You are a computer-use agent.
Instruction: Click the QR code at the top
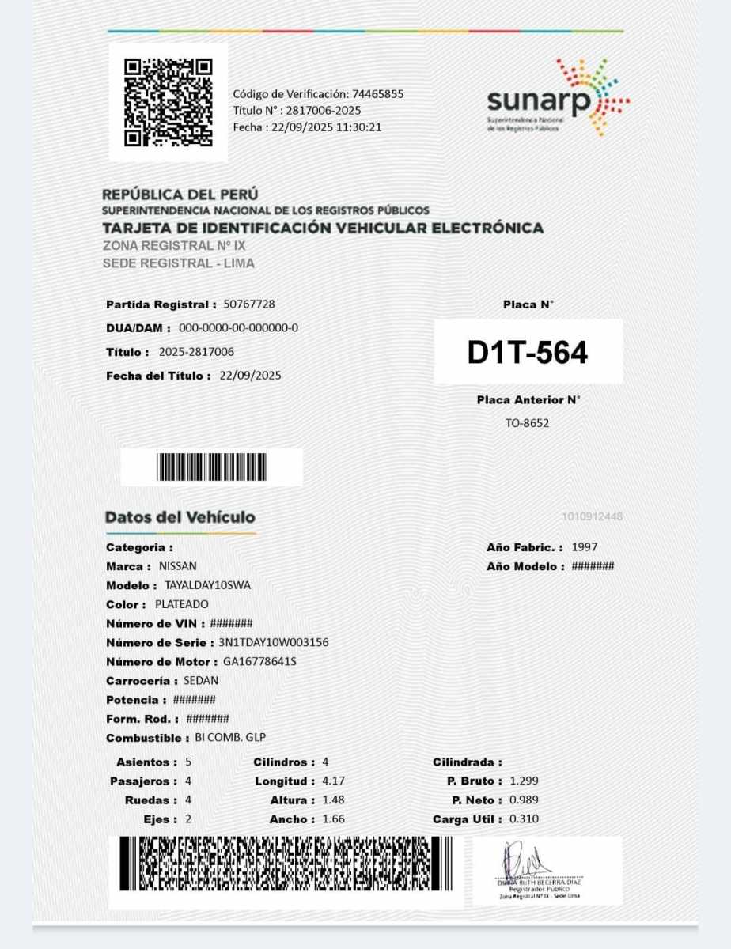click(169, 102)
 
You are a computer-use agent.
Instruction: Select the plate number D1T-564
click(528, 353)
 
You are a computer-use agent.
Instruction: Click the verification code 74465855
click(378, 93)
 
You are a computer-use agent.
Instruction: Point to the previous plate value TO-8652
click(527, 423)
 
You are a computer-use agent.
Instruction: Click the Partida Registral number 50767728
click(249, 304)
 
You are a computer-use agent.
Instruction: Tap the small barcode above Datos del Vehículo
click(211, 467)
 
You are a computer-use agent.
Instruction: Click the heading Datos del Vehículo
click(180, 517)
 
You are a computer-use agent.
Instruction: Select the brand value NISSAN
click(178, 566)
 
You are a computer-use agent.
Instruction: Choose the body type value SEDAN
click(201, 680)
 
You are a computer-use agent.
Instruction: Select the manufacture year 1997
click(585, 547)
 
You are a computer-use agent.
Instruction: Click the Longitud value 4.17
click(333, 781)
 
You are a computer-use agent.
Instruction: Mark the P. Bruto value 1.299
click(525, 781)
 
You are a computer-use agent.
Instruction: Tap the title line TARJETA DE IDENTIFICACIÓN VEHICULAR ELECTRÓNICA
click(323, 229)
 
